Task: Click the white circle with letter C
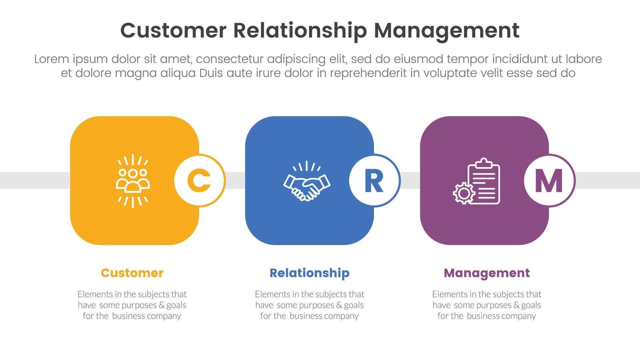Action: (199, 180)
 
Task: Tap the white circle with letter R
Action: (374, 180)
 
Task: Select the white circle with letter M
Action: (549, 180)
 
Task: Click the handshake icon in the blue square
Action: (307, 181)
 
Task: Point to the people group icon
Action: (133, 181)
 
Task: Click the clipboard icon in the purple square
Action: (483, 181)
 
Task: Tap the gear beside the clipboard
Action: (463, 193)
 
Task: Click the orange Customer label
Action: (132, 273)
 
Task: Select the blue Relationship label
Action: (309, 273)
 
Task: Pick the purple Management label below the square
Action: (486, 273)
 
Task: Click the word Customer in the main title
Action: (173, 30)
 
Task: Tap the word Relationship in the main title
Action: (300, 30)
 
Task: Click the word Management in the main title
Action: (446, 30)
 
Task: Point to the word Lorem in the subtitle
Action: (51, 59)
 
